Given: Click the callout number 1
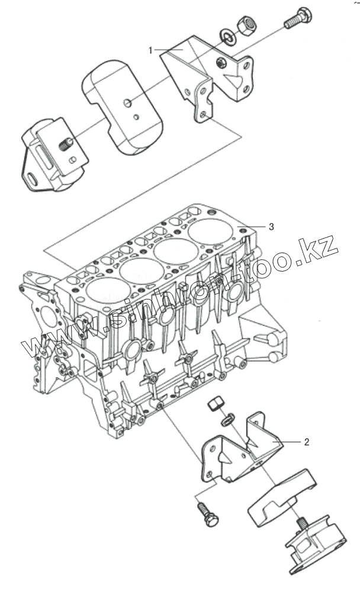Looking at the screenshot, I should [x=151, y=50].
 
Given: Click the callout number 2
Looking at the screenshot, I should [x=307, y=442].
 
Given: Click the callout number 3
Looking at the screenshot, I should [x=271, y=226].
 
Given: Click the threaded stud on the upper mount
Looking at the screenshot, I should [x=65, y=143].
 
